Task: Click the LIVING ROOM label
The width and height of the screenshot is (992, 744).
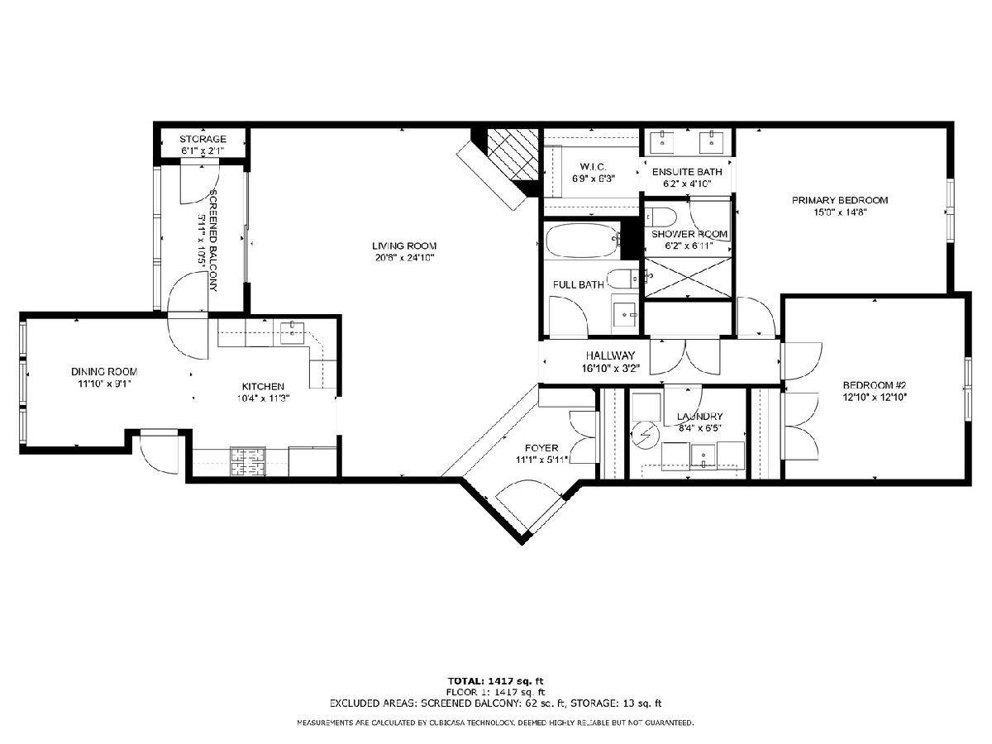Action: coord(404,246)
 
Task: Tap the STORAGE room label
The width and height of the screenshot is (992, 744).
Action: coord(203,139)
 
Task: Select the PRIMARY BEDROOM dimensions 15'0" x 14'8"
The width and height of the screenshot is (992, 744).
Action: coord(840,212)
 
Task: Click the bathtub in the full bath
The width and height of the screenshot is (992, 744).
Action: coord(583,240)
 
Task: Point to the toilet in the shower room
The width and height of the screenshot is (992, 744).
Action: coord(660,217)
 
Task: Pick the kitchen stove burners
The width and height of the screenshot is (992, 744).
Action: coord(247,461)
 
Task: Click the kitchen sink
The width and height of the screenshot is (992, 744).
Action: coord(292,333)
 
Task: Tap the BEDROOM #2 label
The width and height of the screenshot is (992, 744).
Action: coord(875,385)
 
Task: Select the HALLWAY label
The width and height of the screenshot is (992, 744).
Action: coord(610,356)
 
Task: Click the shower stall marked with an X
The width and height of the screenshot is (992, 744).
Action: coord(688,278)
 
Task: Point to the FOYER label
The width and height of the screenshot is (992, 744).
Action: coord(541,448)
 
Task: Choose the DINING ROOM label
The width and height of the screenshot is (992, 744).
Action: coord(104,372)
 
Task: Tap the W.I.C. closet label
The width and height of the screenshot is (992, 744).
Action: coord(594,167)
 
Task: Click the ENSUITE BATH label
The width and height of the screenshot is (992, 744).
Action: coord(687,172)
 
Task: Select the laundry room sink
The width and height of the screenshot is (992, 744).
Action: coord(703,456)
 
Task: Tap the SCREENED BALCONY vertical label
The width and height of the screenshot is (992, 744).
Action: coord(214,241)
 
